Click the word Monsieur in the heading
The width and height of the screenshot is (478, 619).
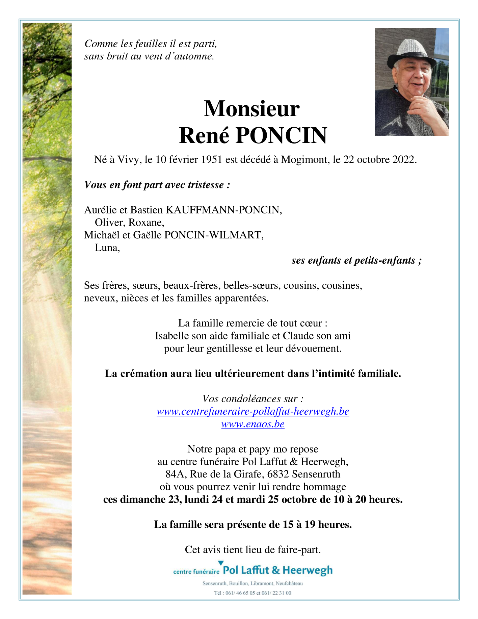pos(251,109)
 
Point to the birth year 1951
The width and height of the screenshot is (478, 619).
pos(211,159)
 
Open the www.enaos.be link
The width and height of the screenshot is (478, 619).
pos(253,424)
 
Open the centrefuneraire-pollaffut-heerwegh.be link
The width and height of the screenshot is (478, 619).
pos(253,411)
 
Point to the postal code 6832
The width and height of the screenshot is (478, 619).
pos(278,474)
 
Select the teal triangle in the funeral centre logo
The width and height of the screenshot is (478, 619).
pos(221,563)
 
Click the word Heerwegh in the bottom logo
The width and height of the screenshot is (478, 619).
pos(307,571)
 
